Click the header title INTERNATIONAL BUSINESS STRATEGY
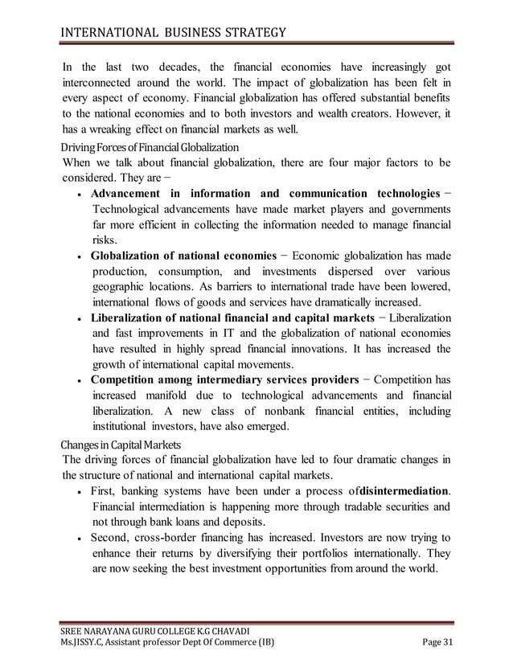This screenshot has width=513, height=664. [x=174, y=33]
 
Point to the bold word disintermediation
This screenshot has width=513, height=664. [x=405, y=490]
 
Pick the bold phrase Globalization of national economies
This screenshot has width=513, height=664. [x=185, y=256]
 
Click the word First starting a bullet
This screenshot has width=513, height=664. [x=106, y=490]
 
